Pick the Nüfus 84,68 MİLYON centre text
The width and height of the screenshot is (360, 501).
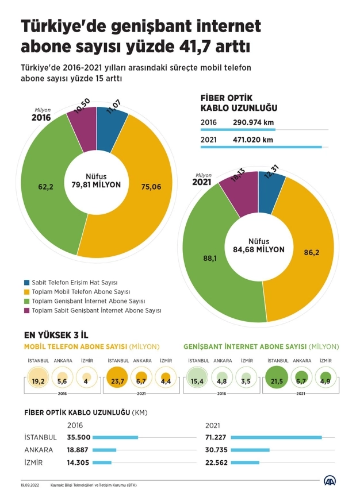(x=259, y=246)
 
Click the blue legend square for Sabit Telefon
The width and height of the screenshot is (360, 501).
(x=27, y=283)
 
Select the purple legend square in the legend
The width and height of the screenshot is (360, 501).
(x=27, y=310)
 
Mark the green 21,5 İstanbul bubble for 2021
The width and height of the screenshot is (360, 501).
(x=277, y=379)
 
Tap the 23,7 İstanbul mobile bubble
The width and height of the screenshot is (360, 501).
(x=117, y=379)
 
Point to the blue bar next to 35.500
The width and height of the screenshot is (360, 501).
(x=115, y=437)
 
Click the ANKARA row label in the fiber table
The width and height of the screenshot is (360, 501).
(x=39, y=450)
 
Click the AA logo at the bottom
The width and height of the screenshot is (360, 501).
(x=331, y=481)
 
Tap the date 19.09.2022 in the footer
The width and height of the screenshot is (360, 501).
(x=30, y=485)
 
